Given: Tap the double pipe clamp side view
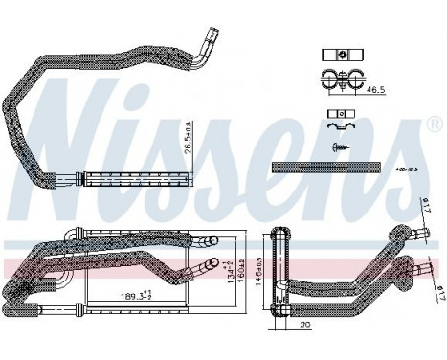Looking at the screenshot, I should [337, 80].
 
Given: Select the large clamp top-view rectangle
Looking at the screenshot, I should [338, 56].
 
